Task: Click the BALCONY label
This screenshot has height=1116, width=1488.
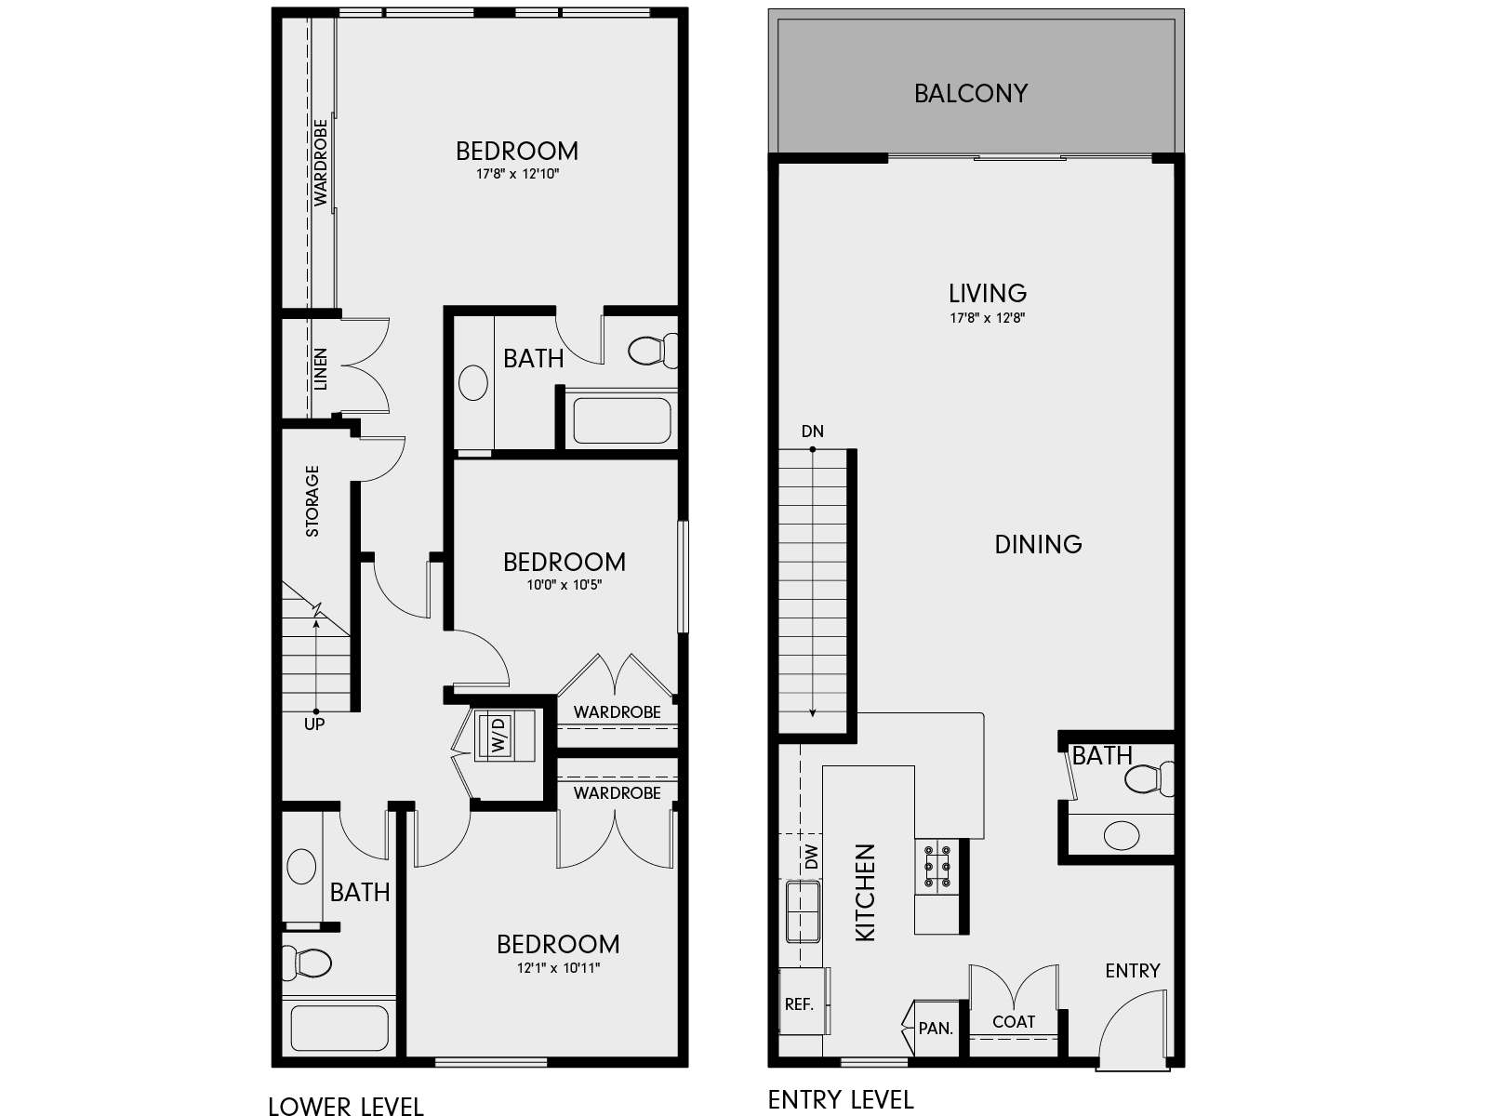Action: (970, 94)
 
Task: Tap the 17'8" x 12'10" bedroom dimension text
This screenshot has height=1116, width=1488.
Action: (517, 174)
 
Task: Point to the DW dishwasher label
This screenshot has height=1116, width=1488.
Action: (812, 857)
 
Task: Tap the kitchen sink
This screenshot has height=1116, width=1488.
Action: (803, 911)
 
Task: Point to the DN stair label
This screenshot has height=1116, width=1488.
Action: (812, 432)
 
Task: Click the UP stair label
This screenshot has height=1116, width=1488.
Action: (314, 724)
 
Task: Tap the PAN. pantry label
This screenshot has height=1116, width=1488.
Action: (935, 1029)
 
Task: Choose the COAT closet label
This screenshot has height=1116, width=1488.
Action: (1013, 1021)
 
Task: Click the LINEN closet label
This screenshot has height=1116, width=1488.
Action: (320, 368)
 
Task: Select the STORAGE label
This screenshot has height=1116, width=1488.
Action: (312, 501)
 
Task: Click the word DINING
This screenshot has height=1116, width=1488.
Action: (1038, 544)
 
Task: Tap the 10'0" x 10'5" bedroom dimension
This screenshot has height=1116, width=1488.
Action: (565, 585)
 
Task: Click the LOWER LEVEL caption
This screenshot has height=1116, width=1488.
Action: (346, 1105)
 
